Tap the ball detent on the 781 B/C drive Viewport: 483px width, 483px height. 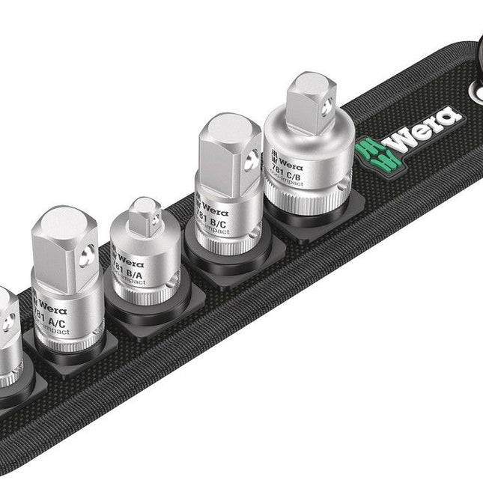[250, 157]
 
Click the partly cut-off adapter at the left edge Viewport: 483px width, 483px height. [7, 337]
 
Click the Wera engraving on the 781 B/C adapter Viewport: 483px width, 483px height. [214, 201]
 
